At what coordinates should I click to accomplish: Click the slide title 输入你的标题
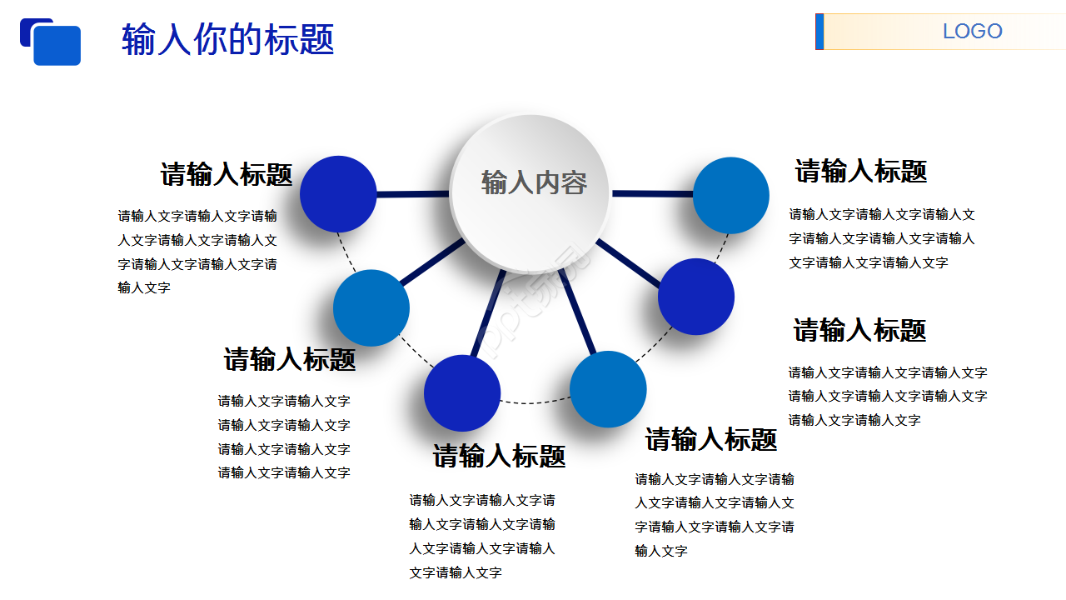pos(227,39)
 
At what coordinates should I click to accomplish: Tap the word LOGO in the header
pos(972,32)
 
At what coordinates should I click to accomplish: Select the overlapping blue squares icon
pos(51,42)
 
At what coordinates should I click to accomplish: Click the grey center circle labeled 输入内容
pos(532,192)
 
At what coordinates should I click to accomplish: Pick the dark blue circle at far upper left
pos(338,194)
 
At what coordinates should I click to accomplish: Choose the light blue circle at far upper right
pos(731,195)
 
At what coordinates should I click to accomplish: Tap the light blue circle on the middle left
pos(371,307)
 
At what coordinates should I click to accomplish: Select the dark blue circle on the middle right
pos(696,297)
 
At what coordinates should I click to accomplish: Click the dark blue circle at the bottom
pos(462,393)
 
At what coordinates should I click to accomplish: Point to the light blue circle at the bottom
pos(608,389)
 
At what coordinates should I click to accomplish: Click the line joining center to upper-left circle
pos(412,194)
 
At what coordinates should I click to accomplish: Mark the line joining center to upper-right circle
pos(652,193)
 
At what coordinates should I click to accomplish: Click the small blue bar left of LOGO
pos(819,32)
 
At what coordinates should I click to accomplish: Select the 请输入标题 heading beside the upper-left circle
pos(227,174)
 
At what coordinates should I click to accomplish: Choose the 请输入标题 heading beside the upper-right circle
pos(860,171)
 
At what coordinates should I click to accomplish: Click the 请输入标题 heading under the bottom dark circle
pos(499,456)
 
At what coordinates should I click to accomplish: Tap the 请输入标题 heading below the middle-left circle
pos(290,359)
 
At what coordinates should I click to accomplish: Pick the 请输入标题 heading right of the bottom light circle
pos(711,439)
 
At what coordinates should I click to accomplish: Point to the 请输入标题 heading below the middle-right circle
pos(859,330)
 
